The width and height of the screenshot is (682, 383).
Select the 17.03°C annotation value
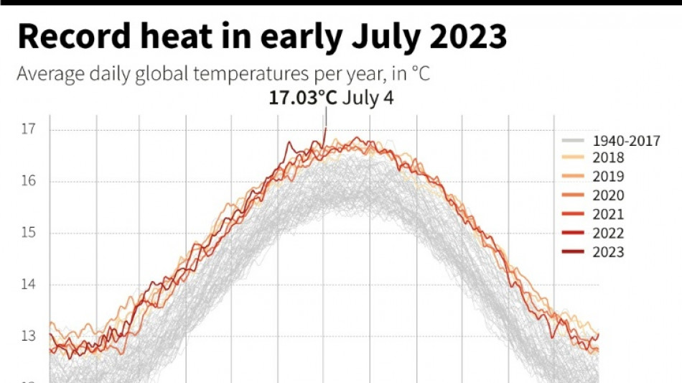(x=302, y=98)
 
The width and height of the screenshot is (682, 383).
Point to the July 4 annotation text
(x=368, y=98)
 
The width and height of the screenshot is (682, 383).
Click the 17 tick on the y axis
(x=28, y=129)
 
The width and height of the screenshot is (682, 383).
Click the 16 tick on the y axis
(x=28, y=181)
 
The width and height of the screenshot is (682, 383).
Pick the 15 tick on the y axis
(x=28, y=233)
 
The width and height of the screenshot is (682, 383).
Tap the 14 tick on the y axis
(x=28, y=285)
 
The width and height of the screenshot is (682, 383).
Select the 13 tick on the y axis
(x=28, y=336)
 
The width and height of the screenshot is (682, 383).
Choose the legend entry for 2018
(x=608, y=158)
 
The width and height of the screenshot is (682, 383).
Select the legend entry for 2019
(x=608, y=177)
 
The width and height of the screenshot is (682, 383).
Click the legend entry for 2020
(x=608, y=195)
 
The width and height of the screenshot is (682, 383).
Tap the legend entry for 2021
(x=608, y=214)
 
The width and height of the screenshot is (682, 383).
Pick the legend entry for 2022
(x=608, y=233)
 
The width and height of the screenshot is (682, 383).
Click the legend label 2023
(x=608, y=252)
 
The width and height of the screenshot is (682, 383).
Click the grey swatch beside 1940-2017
(x=571, y=140)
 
